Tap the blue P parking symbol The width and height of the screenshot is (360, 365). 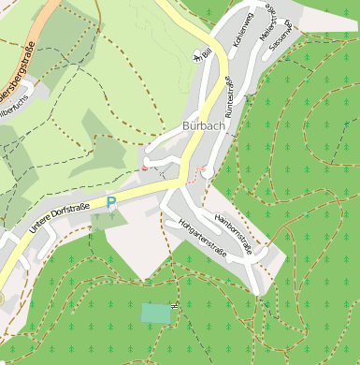[111, 201]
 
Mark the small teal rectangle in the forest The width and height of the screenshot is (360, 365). [157, 313]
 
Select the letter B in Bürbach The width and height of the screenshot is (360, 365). [188, 125]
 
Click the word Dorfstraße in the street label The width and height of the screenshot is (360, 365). [72, 212]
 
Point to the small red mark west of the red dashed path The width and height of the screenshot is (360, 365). [145, 166]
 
